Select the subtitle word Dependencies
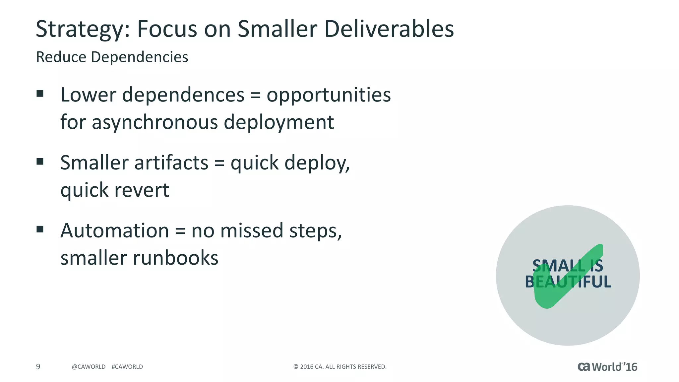coord(139,57)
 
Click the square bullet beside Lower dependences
coord(40,94)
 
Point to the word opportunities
coord(329,95)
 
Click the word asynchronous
coord(154,122)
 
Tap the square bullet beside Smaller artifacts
coord(40,161)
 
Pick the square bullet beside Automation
coord(40,229)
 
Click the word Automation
coord(115,230)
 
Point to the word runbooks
coord(176,258)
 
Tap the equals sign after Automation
coord(180,231)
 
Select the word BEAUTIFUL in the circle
coord(568,282)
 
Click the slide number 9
coord(38,366)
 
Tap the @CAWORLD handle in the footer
coord(89,367)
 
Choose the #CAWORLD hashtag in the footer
coord(127,367)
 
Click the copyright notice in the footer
coord(340,367)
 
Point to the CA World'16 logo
coord(607,367)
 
